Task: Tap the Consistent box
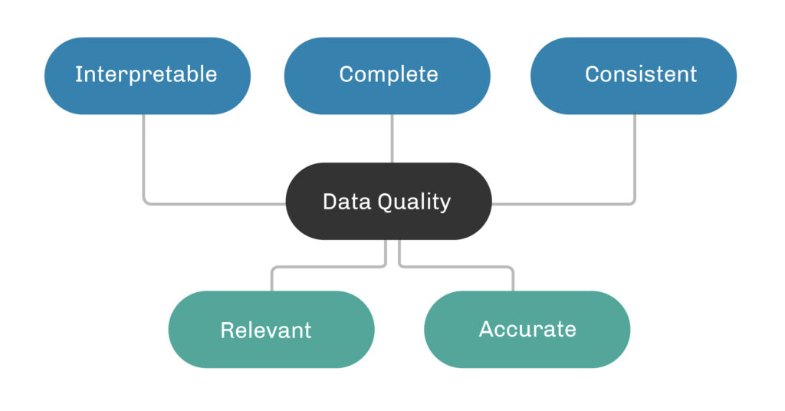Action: pos(633,75)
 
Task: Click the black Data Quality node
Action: pos(388,201)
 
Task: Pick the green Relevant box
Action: pos(271,330)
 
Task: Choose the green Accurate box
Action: pos(527,330)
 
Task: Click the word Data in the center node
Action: pos(341,202)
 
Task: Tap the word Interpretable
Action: pos(146,74)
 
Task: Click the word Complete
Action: pos(389,74)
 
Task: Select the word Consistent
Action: pos(641,74)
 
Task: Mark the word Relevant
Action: pos(266,330)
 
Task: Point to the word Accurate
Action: pos(527,330)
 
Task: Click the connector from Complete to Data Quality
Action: pos(392,138)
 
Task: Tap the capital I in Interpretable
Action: pos(77,74)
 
